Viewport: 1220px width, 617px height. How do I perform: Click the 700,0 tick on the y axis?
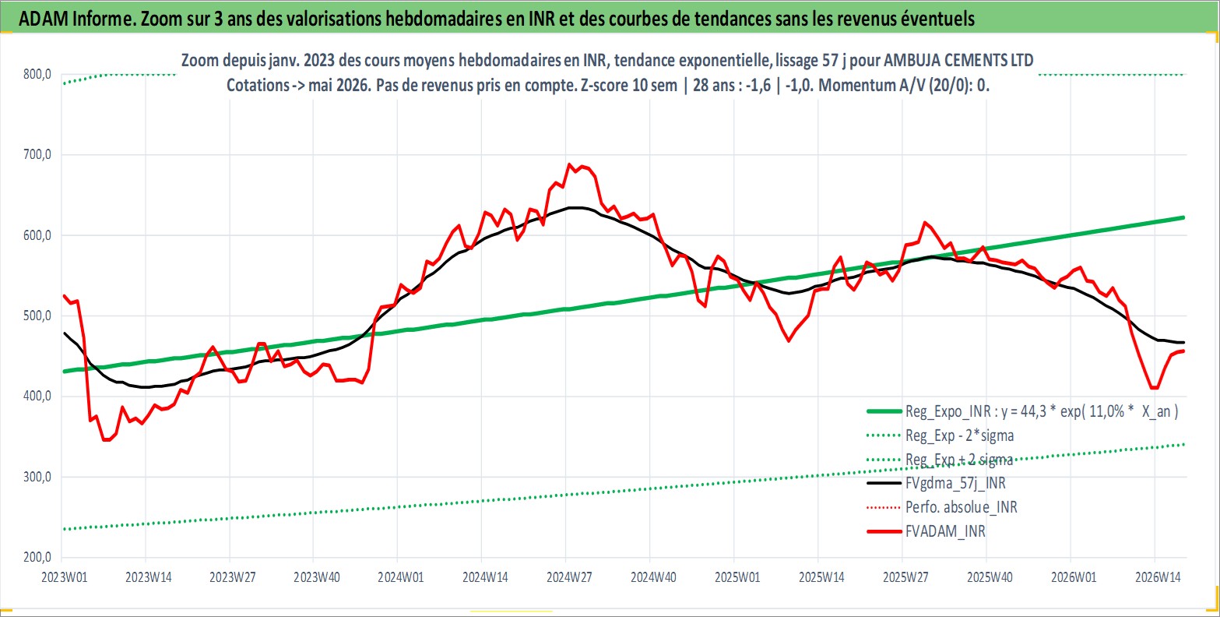(x=37, y=155)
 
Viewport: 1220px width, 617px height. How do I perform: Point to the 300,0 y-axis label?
(x=37, y=477)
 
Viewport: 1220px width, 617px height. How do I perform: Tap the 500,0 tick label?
(x=37, y=316)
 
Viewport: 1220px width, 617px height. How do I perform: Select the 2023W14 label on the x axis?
(x=149, y=577)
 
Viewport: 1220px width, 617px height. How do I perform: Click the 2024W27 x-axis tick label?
(x=569, y=577)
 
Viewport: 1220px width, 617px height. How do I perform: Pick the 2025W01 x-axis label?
(x=737, y=577)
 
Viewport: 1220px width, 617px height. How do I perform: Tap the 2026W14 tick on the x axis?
(x=1158, y=577)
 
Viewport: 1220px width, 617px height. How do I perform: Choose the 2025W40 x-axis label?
(x=990, y=577)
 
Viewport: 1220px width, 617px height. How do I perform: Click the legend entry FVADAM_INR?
(x=945, y=531)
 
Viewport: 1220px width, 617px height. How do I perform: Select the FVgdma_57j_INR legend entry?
(x=956, y=483)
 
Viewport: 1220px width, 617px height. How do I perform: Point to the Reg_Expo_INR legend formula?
(x=1042, y=411)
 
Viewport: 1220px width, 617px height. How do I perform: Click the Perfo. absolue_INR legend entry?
(x=962, y=507)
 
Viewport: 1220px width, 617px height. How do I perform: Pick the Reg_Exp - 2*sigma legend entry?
(x=960, y=435)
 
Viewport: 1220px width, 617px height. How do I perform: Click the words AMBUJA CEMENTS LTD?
(x=958, y=60)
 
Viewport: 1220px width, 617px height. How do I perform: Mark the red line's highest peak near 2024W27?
(x=569, y=164)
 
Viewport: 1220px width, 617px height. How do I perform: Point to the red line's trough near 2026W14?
(x=1154, y=388)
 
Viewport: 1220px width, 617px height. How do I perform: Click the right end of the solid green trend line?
(x=1184, y=217)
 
